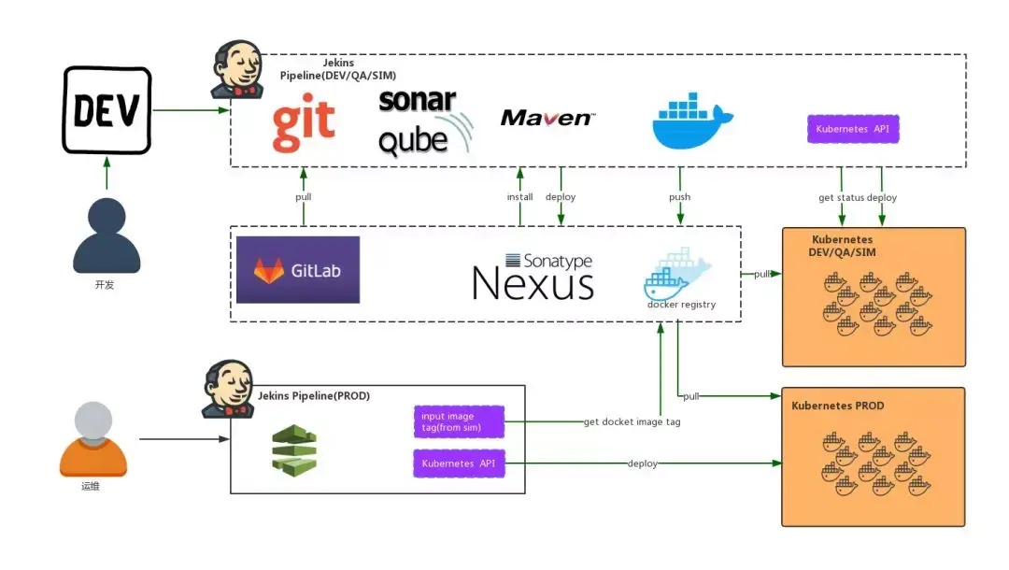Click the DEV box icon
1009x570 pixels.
point(107,110)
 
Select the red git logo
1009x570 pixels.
point(304,128)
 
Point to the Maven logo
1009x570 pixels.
point(547,118)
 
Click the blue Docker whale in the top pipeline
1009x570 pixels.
point(692,121)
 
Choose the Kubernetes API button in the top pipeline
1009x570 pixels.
point(853,129)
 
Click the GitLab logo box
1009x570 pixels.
point(298,270)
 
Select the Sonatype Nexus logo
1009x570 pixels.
point(533,276)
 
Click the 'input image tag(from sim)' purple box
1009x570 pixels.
point(459,422)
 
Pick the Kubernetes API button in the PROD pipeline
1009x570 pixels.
point(459,463)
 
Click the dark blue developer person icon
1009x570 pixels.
point(107,237)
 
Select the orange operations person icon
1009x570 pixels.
point(92,439)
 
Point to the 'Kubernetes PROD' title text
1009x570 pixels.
point(837,406)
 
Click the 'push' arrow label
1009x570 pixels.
point(680,197)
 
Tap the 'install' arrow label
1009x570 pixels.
point(520,197)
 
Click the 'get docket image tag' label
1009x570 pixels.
point(632,422)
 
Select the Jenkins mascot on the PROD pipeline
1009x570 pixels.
point(228,391)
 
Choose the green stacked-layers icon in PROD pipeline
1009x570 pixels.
point(294,450)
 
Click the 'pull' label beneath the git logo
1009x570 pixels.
point(304,197)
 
